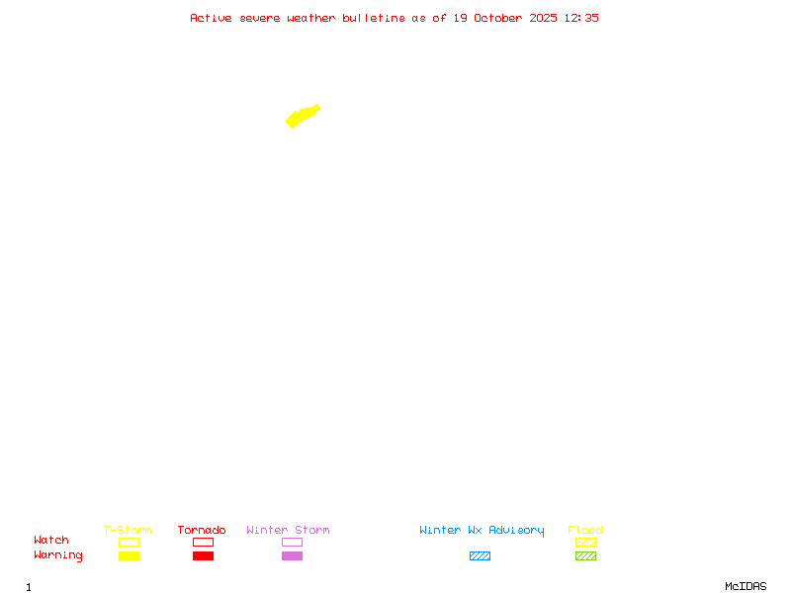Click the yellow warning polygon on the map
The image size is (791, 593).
tap(302, 116)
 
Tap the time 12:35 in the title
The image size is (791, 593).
tap(581, 18)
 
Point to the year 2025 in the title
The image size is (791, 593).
tap(544, 18)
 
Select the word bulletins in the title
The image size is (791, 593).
tap(374, 18)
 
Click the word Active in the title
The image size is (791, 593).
tap(211, 18)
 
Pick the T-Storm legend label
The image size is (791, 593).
tap(128, 530)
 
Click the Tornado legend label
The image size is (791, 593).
tap(202, 530)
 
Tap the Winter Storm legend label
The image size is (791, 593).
tap(288, 530)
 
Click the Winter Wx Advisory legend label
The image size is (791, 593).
tap(482, 530)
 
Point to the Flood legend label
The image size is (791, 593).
tap(585, 530)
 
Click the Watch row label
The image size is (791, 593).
tap(51, 541)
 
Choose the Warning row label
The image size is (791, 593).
tap(58, 555)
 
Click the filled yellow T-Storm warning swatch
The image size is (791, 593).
tap(129, 555)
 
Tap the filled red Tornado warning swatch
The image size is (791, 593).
tap(203, 555)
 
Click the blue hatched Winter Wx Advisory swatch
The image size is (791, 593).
tap(480, 555)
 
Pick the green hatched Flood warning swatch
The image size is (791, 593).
tap(585, 555)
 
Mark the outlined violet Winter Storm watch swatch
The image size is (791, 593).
tap(292, 542)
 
